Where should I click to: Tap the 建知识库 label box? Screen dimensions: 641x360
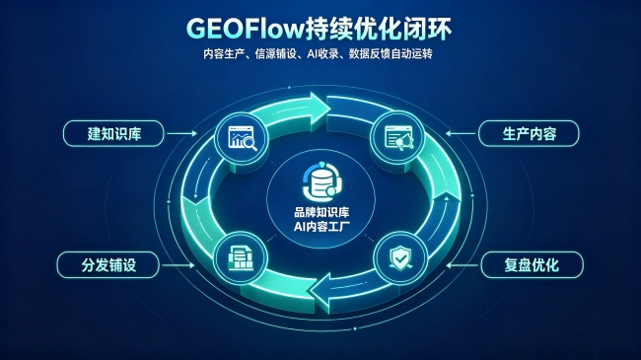click(x=113, y=133)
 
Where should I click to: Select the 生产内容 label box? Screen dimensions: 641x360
click(x=529, y=133)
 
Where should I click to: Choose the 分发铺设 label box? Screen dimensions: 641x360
click(x=107, y=265)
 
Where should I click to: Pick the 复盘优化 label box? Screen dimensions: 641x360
click(x=532, y=265)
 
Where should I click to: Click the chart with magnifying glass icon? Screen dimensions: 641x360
click(x=242, y=138)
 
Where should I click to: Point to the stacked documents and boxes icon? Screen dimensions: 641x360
click(x=241, y=258)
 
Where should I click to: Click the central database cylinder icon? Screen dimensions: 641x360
click(x=322, y=181)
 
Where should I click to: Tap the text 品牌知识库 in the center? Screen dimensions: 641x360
click(x=321, y=212)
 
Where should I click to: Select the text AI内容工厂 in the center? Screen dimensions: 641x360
click(x=321, y=226)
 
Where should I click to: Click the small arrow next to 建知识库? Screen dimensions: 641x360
click(x=181, y=133)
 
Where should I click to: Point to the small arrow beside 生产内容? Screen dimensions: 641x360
click(x=461, y=133)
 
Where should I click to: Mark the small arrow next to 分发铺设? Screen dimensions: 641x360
click(x=178, y=265)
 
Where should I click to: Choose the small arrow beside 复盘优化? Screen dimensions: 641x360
click(x=463, y=265)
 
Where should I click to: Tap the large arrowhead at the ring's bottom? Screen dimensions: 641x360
click(x=320, y=291)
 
